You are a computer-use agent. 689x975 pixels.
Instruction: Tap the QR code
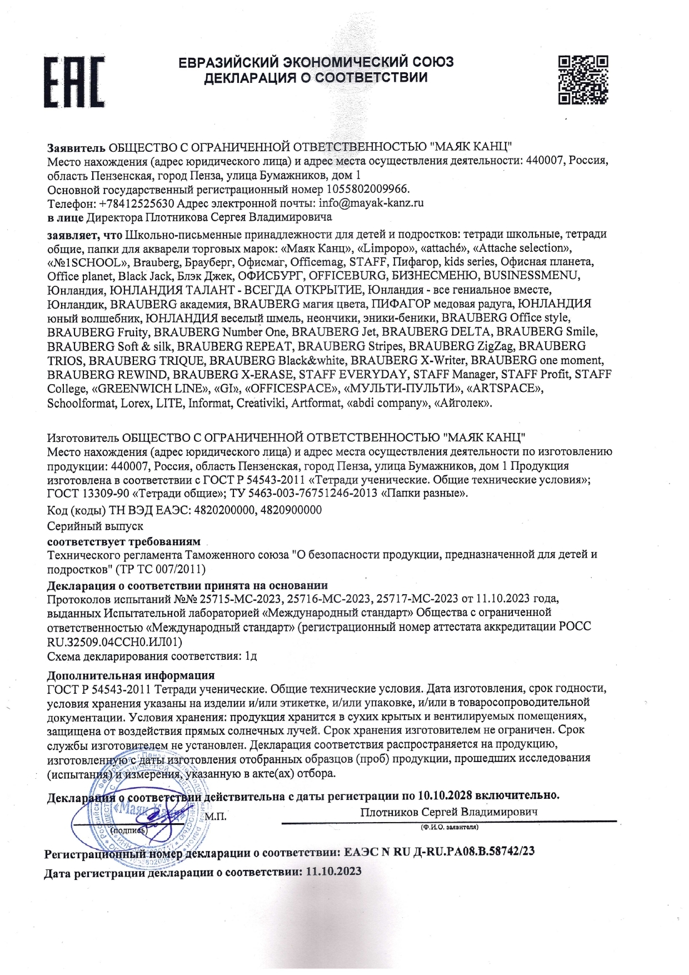click(x=582, y=79)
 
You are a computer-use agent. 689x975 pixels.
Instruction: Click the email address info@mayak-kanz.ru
click(x=371, y=203)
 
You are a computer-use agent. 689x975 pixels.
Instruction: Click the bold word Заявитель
click(x=76, y=147)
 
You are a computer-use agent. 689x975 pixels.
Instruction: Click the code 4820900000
click(x=291, y=510)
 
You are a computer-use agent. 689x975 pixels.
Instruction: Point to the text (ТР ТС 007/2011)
click(x=161, y=569)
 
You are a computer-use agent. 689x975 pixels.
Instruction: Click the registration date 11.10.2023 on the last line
click(x=333, y=871)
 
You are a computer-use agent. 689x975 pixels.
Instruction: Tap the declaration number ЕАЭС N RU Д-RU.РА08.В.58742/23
click(x=440, y=852)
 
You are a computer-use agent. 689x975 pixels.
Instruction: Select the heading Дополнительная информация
click(x=131, y=676)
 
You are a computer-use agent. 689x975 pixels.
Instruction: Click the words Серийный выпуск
click(x=96, y=525)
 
